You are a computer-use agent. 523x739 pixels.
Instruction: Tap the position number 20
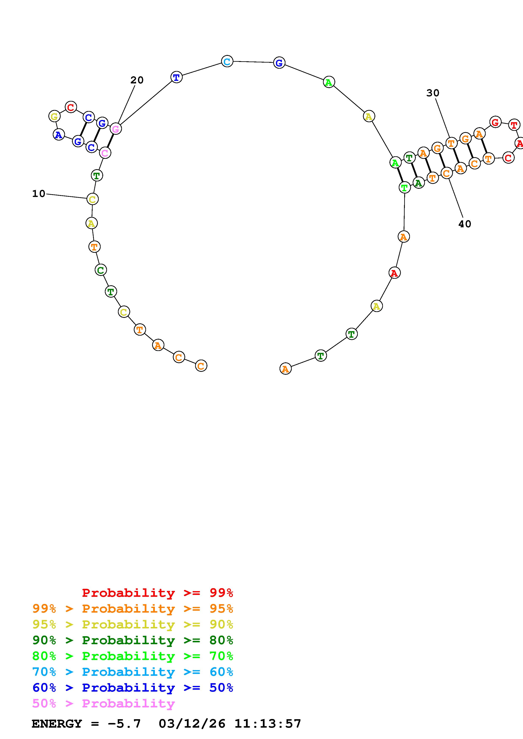point(137,80)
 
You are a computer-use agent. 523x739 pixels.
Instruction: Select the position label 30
point(433,93)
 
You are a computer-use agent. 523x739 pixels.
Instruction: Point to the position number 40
point(465,224)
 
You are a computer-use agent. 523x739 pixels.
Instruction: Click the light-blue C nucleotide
point(227,61)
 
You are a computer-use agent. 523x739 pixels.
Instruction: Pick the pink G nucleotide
point(115,129)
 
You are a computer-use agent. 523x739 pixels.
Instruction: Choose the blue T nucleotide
point(176,77)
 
